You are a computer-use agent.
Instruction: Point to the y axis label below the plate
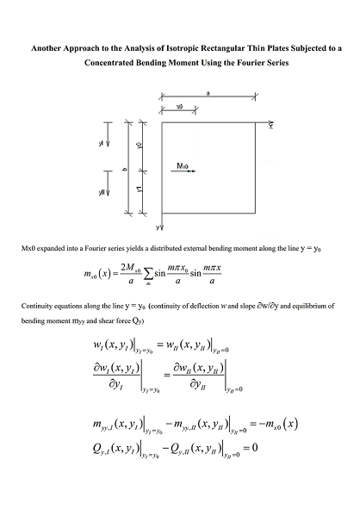[x=158, y=227]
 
